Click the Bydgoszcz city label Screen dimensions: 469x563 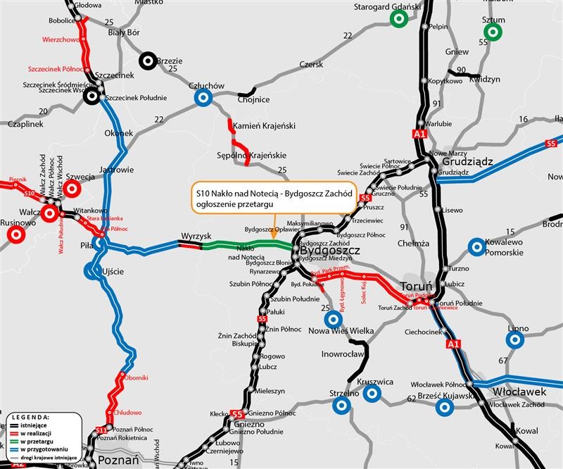(x=330, y=251)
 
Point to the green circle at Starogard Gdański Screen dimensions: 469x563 (x=399, y=19)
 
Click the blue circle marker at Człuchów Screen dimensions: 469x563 (x=203, y=98)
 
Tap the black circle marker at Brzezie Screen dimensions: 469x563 (x=148, y=61)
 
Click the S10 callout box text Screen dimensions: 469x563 (x=272, y=196)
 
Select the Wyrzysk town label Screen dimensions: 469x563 (x=196, y=234)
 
